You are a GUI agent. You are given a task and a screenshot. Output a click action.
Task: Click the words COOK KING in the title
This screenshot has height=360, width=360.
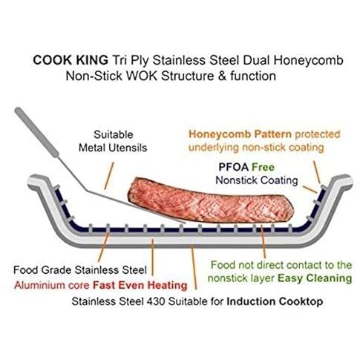click(71, 60)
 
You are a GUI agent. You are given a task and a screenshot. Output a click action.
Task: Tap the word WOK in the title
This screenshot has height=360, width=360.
click(142, 76)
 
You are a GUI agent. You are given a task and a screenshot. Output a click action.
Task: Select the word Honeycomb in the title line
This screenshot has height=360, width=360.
click(308, 60)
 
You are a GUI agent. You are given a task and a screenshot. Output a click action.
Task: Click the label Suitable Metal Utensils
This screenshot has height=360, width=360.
click(113, 141)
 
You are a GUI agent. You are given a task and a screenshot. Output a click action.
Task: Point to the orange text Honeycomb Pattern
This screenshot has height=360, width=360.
click(240, 134)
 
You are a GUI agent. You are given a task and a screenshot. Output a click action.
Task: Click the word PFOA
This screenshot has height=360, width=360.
click(234, 167)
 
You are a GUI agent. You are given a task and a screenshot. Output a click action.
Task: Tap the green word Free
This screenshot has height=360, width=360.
click(263, 167)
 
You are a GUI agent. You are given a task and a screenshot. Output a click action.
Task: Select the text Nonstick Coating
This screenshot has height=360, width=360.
click(257, 180)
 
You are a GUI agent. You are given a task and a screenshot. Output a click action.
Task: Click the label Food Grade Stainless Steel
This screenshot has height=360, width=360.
click(80, 270)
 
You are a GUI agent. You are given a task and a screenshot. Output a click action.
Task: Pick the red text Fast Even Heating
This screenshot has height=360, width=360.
click(140, 285)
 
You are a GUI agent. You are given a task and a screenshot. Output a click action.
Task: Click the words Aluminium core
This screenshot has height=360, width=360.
click(51, 285)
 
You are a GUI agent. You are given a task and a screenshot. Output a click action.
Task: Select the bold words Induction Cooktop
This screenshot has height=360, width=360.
click(275, 301)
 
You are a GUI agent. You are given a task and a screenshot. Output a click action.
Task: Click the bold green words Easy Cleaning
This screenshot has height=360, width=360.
click(315, 278)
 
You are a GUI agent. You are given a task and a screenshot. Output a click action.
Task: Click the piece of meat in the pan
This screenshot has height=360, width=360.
click(210, 201)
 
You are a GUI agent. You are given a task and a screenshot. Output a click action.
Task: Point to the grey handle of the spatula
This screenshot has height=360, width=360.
click(36, 132)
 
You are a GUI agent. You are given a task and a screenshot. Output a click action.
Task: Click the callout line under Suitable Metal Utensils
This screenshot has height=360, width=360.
click(109, 176)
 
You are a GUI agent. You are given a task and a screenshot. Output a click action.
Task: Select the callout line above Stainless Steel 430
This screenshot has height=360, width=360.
click(194, 267)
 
